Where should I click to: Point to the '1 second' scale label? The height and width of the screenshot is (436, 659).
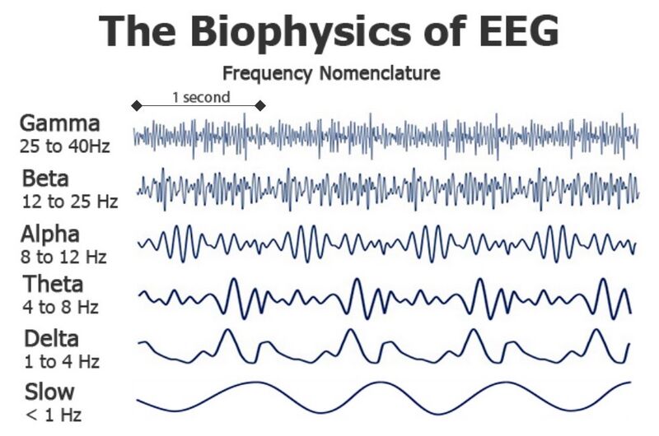(201, 97)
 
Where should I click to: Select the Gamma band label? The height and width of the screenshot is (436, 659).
(60, 124)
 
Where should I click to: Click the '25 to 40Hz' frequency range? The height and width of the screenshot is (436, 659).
(65, 147)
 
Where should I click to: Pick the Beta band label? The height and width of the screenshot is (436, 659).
(46, 179)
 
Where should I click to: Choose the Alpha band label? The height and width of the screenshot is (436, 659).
(50, 234)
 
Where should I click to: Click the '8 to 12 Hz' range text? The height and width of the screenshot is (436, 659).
(63, 257)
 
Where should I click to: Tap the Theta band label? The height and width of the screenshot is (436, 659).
(53, 285)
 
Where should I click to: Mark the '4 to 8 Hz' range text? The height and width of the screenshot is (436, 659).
(60, 308)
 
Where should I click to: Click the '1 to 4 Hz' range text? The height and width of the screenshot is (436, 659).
(60, 361)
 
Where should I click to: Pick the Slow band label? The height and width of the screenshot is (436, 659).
(49, 391)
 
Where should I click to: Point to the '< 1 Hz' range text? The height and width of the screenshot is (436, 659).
(54, 415)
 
